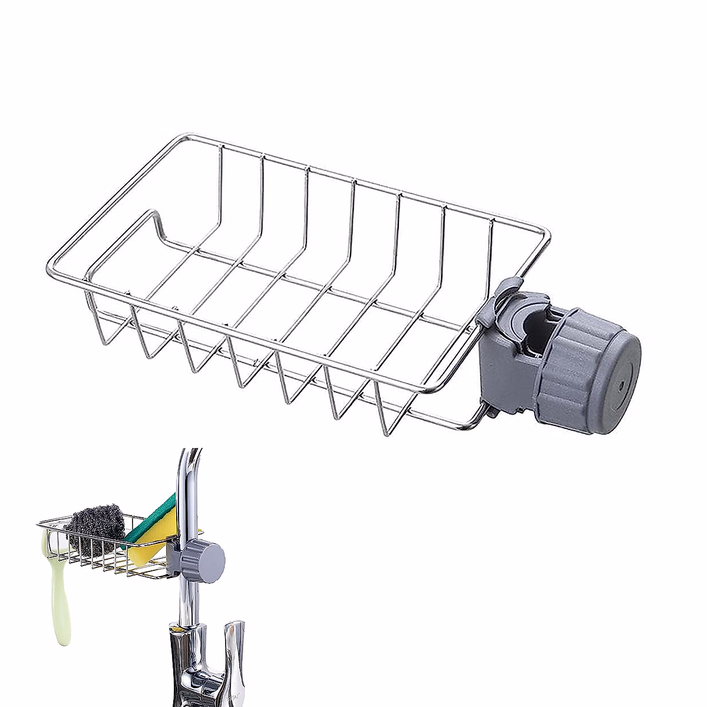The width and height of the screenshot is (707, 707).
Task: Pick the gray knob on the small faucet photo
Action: pos(203,557)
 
